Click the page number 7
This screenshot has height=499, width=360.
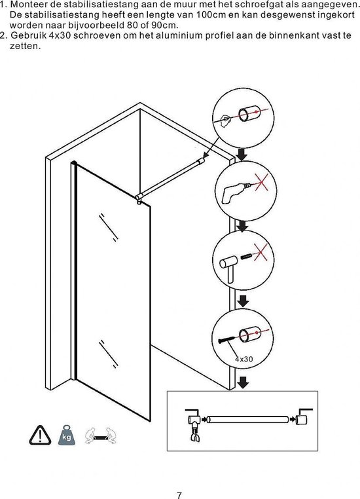point(179,494)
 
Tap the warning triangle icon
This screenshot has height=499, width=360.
point(40,435)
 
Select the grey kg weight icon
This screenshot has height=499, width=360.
point(67,435)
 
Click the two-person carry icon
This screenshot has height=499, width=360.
point(101,435)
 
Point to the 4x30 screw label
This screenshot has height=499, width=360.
point(244,360)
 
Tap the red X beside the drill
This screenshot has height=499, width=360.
point(261,182)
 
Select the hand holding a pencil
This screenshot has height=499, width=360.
point(225,120)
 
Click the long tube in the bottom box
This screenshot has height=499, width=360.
point(247,420)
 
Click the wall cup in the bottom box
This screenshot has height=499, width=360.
point(302,419)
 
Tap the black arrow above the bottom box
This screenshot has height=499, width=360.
point(243,382)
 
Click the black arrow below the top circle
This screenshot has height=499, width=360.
point(242,155)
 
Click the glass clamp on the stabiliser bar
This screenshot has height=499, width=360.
point(139,199)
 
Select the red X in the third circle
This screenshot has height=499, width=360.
point(261,252)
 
